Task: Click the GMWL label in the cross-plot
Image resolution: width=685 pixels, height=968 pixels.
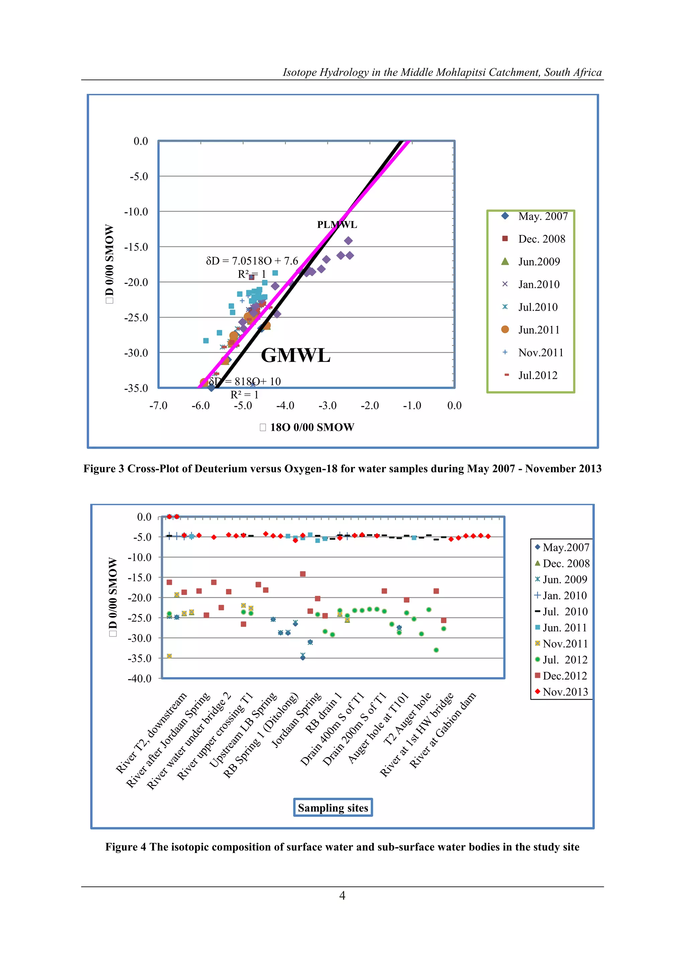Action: point(295,355)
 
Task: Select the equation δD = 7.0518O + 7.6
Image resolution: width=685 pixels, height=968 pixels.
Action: point(252,261)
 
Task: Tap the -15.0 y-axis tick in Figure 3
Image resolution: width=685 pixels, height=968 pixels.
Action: point(136,247)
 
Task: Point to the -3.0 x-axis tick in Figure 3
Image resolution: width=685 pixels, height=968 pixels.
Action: point(327,405)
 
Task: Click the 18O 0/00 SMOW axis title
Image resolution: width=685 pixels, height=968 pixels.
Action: point(312,427)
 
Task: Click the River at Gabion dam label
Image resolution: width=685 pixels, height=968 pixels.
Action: point(443,729)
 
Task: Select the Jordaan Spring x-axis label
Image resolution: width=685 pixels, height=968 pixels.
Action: point(297,720)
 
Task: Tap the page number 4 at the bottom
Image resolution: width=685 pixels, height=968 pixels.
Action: point(342,895)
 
